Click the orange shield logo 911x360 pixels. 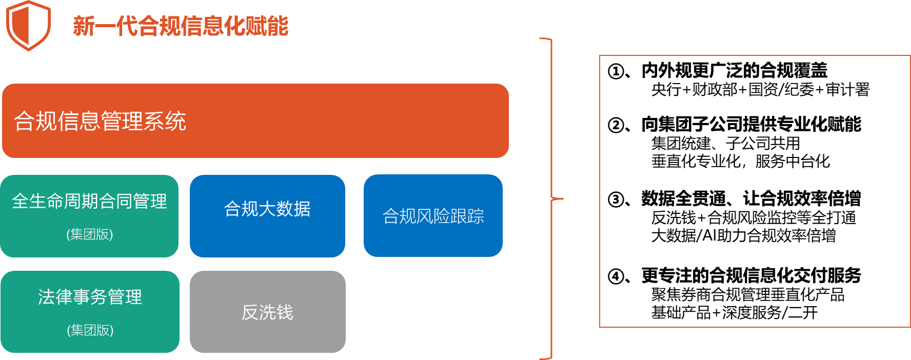pos(28,26)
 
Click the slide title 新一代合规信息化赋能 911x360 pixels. pos(181,26)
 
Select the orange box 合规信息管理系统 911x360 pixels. pos(255,121)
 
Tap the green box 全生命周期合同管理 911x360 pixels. pos(89,216)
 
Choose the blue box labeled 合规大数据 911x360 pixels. pos(267,216)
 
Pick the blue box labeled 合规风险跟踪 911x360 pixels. pos(433,215)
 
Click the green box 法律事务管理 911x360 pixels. pos(90,312)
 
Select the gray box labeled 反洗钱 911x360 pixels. pos(268,312)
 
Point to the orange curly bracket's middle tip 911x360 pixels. pos(563,198)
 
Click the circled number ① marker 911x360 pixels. pos(616,71)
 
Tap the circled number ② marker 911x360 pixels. pos(616,125)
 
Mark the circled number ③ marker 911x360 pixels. pos(616,199)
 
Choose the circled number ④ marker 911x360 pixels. pos(616,276)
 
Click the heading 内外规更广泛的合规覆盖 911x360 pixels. pos(735,70)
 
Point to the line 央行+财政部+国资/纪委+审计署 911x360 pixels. pos(760,90)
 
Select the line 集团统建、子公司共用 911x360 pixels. pos(725,144)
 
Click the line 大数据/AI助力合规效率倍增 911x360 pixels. pos(743,235)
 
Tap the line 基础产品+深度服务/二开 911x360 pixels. pos(734,312)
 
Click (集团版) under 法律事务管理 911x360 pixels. pos(90,330)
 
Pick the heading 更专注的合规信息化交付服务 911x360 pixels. pos(751,276)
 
